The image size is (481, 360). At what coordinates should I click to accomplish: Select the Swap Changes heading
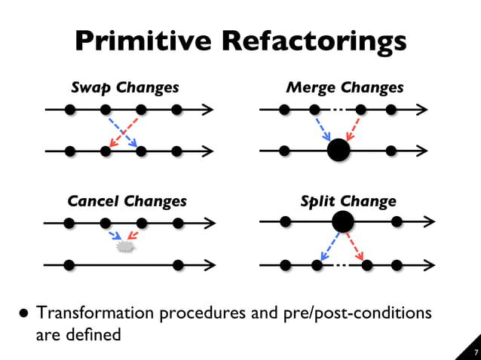[x=125, y=87]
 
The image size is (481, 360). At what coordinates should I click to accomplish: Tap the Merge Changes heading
[x=345, y=87]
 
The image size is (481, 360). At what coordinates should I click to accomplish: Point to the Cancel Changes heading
[x=127, y=201]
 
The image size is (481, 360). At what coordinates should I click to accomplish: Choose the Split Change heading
[x=348, y=201]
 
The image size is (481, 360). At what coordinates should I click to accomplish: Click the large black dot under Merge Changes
[x=339, y=151]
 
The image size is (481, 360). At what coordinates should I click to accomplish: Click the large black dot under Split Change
[x=343, y=221]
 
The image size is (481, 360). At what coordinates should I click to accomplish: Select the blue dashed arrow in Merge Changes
[x=322, y=128]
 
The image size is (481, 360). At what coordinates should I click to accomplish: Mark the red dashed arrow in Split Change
[x=356, y=246]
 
